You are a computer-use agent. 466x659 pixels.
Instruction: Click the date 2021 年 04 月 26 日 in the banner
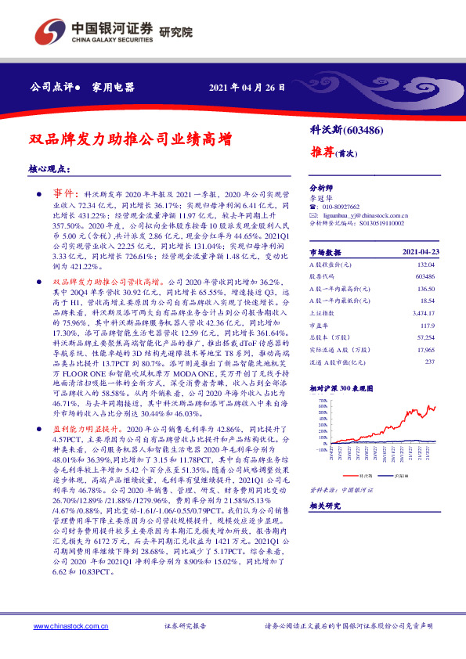click(246, 86)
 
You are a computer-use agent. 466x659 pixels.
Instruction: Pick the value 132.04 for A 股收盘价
click(424, 265)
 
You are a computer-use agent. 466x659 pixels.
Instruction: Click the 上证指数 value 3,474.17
click(422, 311)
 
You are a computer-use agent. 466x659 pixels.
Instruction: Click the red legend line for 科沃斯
click(350, 474)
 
